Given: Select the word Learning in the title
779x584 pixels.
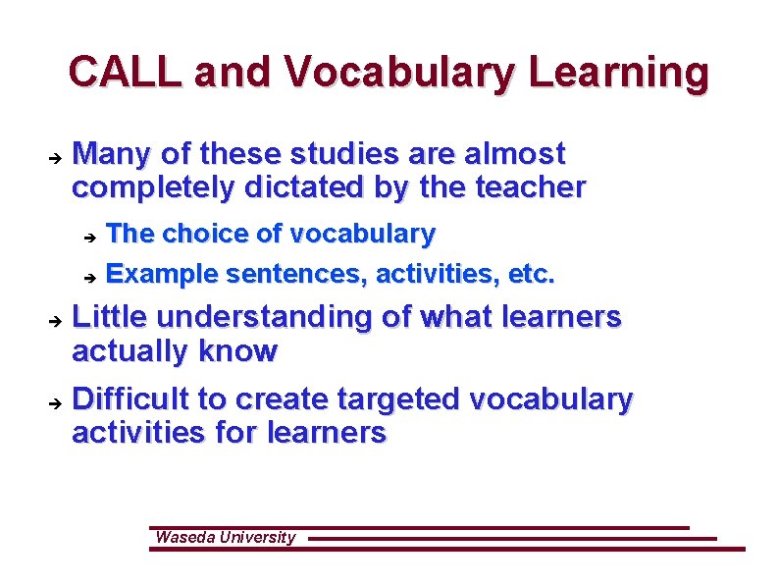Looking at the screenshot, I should [x=623, y=73].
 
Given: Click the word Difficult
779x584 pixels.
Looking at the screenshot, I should [x=131, y=399].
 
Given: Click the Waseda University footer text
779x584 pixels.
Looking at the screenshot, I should [x=225, y=537].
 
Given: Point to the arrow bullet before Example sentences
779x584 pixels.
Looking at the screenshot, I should [x=88, y=278].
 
